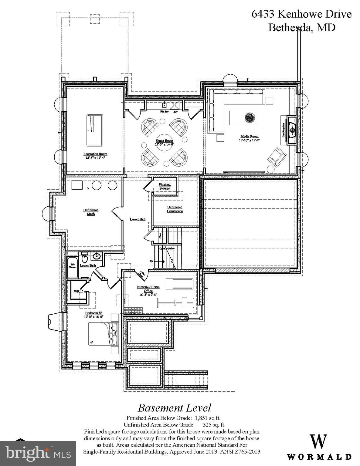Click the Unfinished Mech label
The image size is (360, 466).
(91, 212)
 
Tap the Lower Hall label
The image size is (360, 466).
(138, 219)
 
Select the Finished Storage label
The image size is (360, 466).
(165, 186)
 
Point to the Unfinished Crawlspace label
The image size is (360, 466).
(175, 209)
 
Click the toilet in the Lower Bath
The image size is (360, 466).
(85, 258)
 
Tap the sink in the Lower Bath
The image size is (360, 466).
(97, 256)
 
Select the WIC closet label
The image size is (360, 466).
(77, 291)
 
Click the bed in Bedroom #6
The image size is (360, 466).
(103, 334)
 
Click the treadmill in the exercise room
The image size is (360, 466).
(182, 284)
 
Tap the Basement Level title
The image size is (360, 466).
(174, 408)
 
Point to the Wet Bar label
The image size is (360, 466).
(164, 112)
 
